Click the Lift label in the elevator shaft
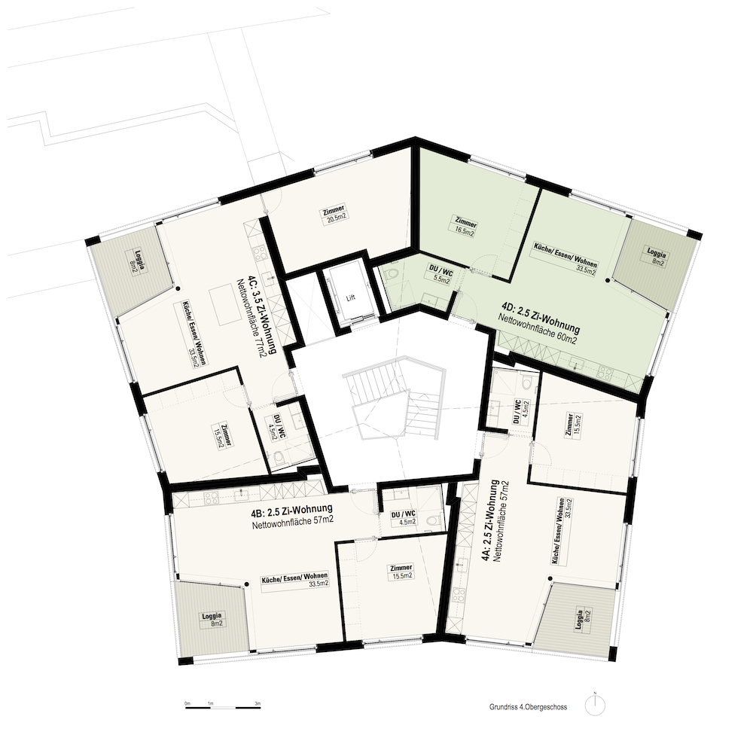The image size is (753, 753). (x=351, y=297)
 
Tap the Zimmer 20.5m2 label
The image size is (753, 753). (x=336, y=213)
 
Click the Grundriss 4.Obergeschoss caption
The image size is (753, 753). (x=529, y=707)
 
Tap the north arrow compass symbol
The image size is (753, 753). (x=595, y=706)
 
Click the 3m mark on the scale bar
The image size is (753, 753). (x=258, y=703)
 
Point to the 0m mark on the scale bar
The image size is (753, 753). (x=187, y=703)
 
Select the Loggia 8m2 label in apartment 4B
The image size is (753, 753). (x=212, y=619)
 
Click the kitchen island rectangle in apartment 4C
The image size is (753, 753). (x=224, y=307)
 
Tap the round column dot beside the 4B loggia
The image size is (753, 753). (x=246, y=584)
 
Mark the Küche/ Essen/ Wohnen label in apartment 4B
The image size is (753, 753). (x=295, y=579)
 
